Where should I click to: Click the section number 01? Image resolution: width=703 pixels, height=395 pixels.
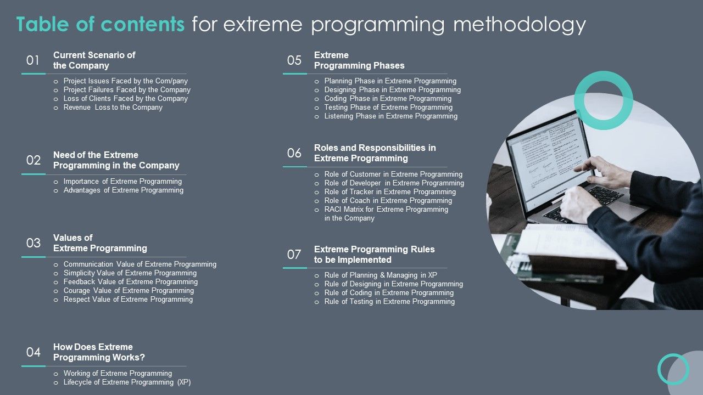pos(33,60)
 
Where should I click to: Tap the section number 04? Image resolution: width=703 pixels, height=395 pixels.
pos(34,352)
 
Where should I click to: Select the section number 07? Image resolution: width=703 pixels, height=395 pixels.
pos(294,255)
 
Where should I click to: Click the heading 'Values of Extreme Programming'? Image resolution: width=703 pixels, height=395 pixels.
pos(100,243)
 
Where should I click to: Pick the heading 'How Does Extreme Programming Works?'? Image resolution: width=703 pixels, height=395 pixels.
pos(99,352)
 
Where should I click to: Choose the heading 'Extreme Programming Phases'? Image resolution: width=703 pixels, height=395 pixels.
pos(359,60)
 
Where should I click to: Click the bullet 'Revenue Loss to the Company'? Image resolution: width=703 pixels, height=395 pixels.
pos(113,108)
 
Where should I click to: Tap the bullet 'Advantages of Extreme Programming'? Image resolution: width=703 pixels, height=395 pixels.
pos(123,190)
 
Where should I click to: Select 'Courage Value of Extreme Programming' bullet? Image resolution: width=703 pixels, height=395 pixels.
pos(129,291)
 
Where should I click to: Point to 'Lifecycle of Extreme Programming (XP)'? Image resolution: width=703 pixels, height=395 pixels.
pos(127,382)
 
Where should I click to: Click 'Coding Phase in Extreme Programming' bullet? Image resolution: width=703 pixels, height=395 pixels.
pos(388,99)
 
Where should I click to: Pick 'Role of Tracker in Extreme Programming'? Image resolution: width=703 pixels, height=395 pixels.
pos(390,192)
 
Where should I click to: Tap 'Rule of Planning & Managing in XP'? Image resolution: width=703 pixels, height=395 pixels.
pos(381,275)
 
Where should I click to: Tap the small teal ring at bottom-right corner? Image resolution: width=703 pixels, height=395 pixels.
pos(673,369)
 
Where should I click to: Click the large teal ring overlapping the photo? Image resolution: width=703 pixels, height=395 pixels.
pos(604,77)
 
